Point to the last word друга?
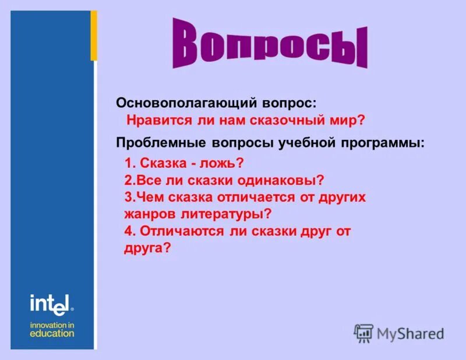[148, 248]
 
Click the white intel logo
[51, 303]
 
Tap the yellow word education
[52, 334]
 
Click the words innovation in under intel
[52, 324]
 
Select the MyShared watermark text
[410, 333]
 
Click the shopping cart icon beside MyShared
[363, 333]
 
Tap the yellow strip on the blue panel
[93, 36]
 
